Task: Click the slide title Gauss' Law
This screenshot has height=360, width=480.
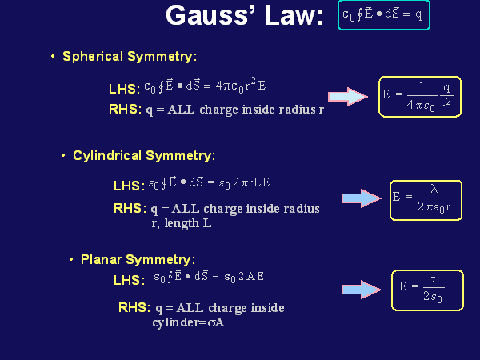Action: click(x=244, y=16)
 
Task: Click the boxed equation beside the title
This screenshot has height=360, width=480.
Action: click(x=385, y=15)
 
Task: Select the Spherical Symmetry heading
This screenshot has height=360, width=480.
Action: click(x=129, y=57)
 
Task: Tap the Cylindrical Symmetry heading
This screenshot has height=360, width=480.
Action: click(x=143, y=155)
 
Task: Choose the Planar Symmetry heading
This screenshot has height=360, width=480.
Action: click(x=138, y=259)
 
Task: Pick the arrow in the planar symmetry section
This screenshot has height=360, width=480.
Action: click(x=361, y=289)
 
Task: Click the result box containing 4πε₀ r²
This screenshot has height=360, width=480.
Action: click(x=420, y=97)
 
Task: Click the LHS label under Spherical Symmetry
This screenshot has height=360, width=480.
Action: click(x=124, y=89)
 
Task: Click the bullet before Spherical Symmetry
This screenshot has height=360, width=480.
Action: click(x=53, y=57)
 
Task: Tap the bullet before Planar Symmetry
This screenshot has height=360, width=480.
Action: click(x=71, y=259)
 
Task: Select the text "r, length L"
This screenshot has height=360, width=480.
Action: click(x=182, y=223)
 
